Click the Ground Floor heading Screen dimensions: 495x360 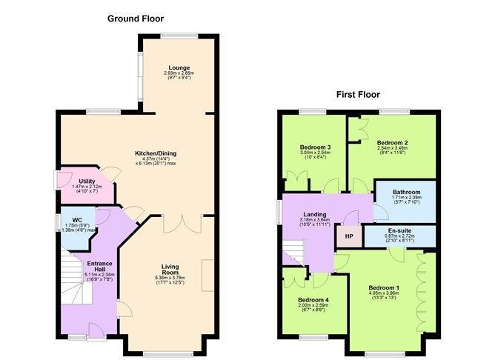point(136,19)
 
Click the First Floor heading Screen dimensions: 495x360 point(358,94)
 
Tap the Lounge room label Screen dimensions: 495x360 point(179,67)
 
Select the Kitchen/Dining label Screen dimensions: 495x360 point(156,153)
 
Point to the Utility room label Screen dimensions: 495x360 point(87,181)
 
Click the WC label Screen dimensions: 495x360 point(77,220)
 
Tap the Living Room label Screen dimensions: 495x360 point(170,270)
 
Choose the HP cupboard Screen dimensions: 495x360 point(349,236)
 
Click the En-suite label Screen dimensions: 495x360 point(399,230)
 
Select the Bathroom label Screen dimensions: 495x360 point(406,192)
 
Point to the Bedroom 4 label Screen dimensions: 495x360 point(313,300)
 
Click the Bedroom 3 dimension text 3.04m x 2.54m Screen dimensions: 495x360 point(315,153)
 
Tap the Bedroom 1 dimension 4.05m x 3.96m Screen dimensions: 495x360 point(384,293)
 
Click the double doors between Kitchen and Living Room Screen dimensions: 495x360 point(182,224)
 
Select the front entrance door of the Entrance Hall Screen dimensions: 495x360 point(96,331)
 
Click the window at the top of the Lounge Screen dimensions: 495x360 point(179,36)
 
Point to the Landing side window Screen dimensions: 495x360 point(279,213)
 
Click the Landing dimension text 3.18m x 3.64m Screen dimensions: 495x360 point(315,220)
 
